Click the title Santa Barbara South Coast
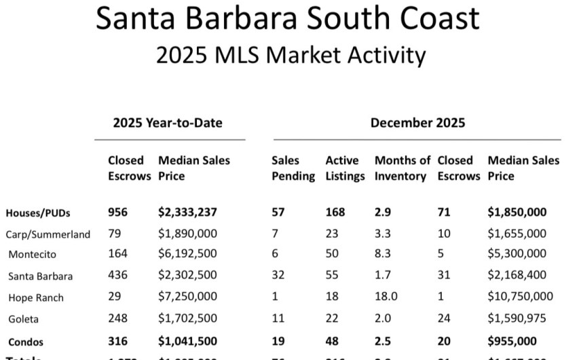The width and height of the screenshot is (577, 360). [x=288, y=19]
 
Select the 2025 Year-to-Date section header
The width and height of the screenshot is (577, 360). [x=168, y=123]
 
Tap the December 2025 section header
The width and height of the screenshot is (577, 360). [x=417, y=123]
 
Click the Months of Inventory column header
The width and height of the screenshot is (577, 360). [x=402, y=168]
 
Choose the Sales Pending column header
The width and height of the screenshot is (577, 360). [x=293, y=168]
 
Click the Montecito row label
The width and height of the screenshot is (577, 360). [x=32, y=255]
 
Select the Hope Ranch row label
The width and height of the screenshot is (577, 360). [x=36, y=298]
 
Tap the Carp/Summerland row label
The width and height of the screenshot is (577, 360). [x=48, y=234]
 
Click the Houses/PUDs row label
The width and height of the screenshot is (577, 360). [x=37, y=213]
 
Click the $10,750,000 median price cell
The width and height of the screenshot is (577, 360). [x=520, y=297]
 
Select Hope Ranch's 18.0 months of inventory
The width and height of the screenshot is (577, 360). [x=386, y=297]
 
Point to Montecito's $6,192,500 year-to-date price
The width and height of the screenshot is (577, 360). [x=187, y=255]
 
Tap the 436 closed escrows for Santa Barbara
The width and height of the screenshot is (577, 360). [x=118, y=276]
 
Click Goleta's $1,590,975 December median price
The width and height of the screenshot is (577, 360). [x=517, y=319]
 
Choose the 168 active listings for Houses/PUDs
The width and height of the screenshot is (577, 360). [x=336, y=213]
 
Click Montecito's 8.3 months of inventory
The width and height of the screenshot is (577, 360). [x=383, y=255]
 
